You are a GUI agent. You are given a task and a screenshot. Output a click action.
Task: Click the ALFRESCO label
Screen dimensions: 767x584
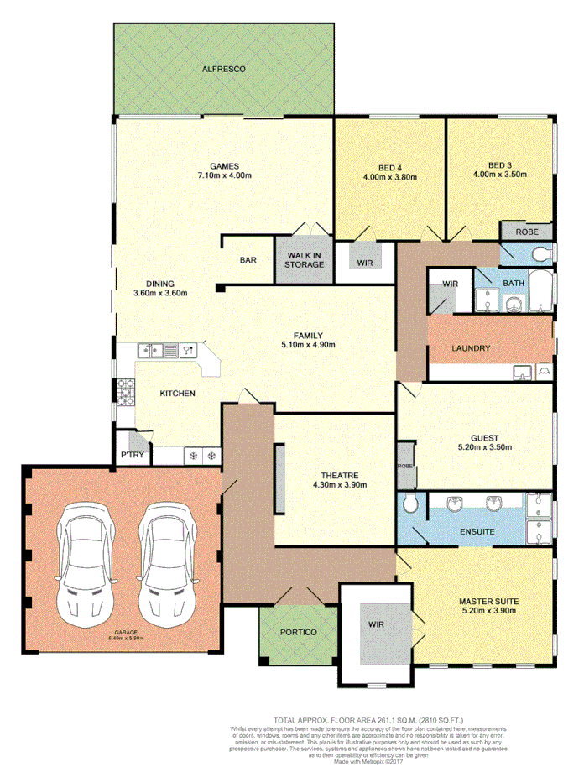224,70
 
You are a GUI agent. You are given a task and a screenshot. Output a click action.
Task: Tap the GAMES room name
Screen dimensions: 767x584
225,165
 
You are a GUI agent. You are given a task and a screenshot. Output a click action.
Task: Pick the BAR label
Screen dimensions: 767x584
248,261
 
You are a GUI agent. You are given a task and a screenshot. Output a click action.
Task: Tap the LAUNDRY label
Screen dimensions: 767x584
472,348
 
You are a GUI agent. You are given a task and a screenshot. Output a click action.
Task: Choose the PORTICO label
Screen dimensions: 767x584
298,632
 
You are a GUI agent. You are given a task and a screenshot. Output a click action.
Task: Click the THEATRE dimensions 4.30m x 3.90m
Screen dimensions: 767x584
340,485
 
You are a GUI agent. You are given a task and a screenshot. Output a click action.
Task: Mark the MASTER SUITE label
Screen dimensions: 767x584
488,602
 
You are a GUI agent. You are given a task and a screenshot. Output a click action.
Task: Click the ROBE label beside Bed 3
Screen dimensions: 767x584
526,231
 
